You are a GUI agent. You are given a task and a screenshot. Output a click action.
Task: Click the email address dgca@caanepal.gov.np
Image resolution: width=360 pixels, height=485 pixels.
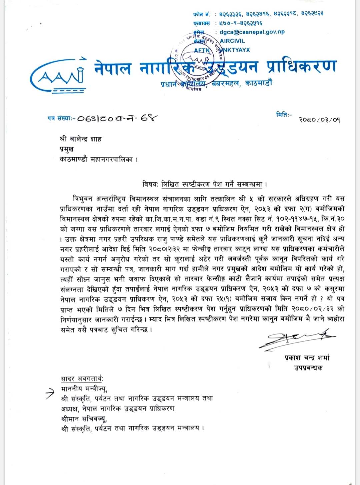[x=252, y=32]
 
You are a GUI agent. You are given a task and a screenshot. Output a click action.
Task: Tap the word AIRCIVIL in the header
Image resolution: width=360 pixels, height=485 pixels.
[x=232, y=41]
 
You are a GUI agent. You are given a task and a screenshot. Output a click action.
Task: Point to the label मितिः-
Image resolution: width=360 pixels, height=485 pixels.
[x=284, y=115]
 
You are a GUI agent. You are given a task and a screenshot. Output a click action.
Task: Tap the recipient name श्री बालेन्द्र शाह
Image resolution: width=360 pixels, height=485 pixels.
[x=81, y=139]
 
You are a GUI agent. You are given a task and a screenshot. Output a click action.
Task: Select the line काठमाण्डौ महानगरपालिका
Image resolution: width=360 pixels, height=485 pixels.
[x=99, y=160]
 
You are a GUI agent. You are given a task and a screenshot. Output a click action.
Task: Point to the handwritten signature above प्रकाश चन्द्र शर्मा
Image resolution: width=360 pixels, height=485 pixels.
[x=297, y=339]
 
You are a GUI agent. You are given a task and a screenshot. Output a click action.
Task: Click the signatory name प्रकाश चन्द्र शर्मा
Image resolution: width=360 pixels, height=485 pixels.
[x=307, y=358]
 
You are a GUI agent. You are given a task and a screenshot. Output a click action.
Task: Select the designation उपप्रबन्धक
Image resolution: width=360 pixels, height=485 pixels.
[x=308, y=368]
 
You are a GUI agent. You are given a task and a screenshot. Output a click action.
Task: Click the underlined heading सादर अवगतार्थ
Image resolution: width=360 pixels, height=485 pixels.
[x=82, y=379]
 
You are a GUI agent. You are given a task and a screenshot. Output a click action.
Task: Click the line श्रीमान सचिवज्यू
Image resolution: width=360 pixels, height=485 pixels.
[x=84, y=419]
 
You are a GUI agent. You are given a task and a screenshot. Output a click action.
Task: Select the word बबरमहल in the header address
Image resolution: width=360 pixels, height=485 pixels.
[x=226, y=84]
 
